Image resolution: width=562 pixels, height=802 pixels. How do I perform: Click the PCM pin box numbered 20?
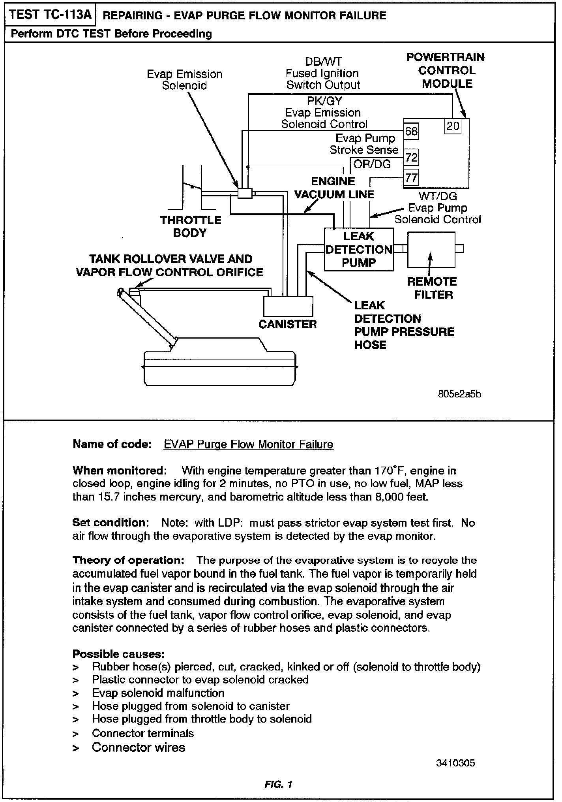tap(453, 126)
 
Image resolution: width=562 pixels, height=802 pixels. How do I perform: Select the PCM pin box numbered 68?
tap(411, 131)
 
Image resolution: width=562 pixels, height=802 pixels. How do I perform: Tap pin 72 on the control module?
tap(411, 158)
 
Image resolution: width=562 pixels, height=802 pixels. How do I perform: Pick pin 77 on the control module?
tap(411, 177)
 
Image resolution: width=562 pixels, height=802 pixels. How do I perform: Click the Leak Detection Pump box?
tap(358, 249)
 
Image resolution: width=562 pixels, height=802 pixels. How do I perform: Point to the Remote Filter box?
tap(431, 249)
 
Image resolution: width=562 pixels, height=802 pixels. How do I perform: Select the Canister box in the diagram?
tap(288, 307)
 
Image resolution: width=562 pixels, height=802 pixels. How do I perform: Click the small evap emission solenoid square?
tap(245, 193)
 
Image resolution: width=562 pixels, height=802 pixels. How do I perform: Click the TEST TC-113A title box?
tap(50, 15)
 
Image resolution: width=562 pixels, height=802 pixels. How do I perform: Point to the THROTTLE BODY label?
tap(191, 226)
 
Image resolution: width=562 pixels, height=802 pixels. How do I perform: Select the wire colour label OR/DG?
tap(372, 164)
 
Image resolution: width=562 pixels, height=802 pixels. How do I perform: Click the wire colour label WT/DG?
tap(438, 196)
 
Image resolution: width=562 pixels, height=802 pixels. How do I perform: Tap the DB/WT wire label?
tap(323, 62)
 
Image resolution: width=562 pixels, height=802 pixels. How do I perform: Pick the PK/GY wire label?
tap(324, 101)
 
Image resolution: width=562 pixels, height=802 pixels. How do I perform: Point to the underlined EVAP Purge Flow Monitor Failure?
tap(248, 444)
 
